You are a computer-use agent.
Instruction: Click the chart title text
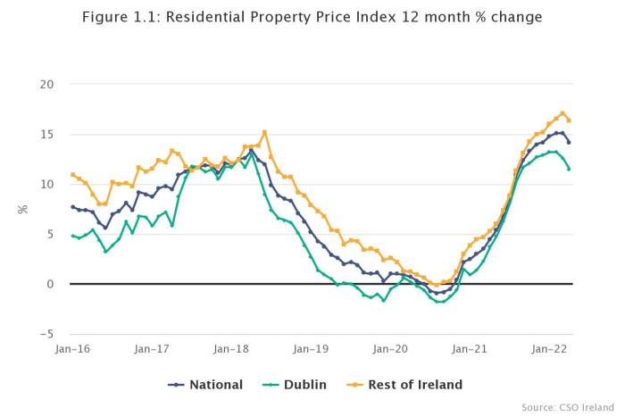pyautogui.click(x=312, y=18)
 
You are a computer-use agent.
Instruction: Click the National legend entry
pyautogui.click(x=205, y=385)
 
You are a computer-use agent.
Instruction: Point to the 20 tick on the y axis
pyautogui.click(x=47, y=85)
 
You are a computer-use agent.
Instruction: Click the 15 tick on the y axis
pyautogui.click(x=47, y=135)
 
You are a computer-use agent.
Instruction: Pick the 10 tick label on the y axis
pyautogui.click(x=47, y=185)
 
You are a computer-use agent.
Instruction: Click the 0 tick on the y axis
pyautogui.click(x=51, y=285)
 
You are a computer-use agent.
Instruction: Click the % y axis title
pyautogui.click(x=23, y=210)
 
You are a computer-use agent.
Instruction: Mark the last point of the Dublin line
pyautogui.click(x=569, y=169)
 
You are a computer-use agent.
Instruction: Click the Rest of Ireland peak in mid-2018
pyautogui.click(x=264, y=132)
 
